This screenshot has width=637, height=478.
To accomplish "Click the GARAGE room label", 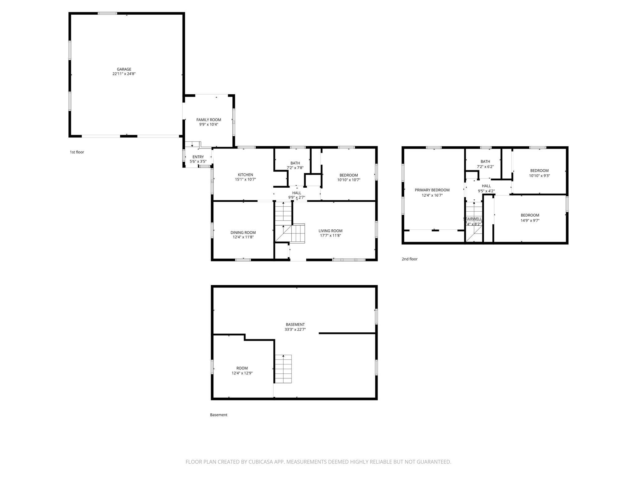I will click(x=124, y=69).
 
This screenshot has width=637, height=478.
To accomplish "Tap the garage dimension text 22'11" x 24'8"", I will click(x=124, y=74).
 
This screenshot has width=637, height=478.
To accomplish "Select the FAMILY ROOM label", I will click(x=208, y=120).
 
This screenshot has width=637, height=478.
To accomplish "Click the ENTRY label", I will click(x=198, y=157).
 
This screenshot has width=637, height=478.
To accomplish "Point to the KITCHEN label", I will click(x=245, y=175).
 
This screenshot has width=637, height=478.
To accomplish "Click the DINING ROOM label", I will click(x=243, y=232).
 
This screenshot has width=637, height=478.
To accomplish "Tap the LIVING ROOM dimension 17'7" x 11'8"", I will click(x=330, y=236).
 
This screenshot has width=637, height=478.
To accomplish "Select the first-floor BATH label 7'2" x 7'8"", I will click(x=295, y=163).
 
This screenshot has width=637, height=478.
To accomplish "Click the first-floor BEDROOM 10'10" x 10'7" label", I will click(x=348, y=175).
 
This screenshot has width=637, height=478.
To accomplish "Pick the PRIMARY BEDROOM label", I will click(x=432, y=190).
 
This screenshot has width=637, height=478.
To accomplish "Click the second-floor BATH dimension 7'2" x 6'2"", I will click(x=485, y=166).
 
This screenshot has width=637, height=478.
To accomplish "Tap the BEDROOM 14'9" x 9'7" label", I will click(x=530, y=215).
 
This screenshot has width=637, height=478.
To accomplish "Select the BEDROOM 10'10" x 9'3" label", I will click(x=539, y=171).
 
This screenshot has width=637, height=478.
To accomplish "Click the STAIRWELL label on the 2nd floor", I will click(x=472, y=219).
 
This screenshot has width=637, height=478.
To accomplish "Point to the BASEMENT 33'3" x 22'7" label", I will click(x=295, y=325).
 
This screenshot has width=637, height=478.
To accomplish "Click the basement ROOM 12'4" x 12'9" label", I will click(x=242, y=368).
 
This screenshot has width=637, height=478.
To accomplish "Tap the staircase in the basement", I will click(x=283, y=369).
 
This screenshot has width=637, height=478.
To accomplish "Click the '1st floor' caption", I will click(x=77, y=152).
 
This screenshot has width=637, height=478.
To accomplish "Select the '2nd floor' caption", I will click(x=409, y=259).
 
